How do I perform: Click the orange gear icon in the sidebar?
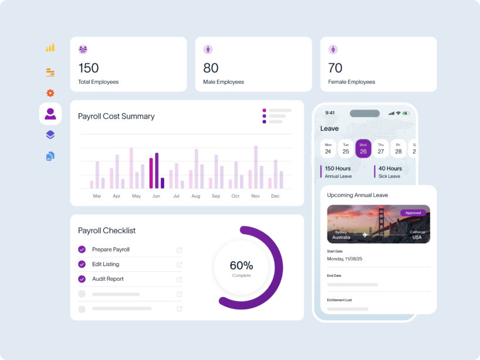[x=50, y=93]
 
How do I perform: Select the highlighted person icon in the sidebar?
[x=50, y=114]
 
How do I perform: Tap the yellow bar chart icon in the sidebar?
[x=50, y=48]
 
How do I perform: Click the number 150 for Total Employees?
[x=89, y=68]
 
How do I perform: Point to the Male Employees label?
[x=224, y=82]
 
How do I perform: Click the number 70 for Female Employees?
[x=335, y=68]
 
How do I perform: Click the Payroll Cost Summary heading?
[x=116, y=116]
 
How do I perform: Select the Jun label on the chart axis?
[x=156, y=196]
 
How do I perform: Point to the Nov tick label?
[x=255, y=196]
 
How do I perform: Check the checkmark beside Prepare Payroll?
[x=82, y=249]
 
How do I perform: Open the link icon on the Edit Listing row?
[x=180, y=264]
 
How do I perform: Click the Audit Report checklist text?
[x=107, y=279]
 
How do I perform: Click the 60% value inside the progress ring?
[x=241, y=266]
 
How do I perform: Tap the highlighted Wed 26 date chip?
[x=363, y=148]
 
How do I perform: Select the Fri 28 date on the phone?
[x=398, y=148]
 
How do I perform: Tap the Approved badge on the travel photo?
[x=413, y=213]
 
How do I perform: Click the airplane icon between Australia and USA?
[x=366, y=235]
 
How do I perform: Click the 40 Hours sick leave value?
[x=390, y=169]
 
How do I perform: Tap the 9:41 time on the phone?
[x=330, y=113]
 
